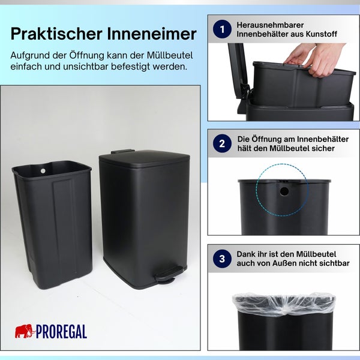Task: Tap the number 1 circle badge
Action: click(223, 29)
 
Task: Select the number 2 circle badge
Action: click(223, 143)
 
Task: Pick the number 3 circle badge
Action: click(223, 258)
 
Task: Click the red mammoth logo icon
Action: click(25, 331)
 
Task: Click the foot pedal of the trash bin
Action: click(165, 274)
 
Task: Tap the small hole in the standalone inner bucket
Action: click(43, 171)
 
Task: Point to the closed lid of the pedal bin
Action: click(144, 158)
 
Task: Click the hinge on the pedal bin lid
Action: click(122, 151)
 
